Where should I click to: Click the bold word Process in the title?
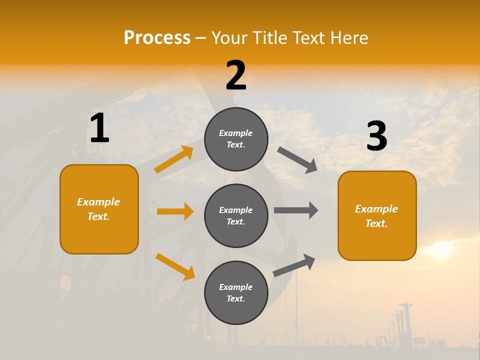(157, 38)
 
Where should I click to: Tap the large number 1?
(99, 128)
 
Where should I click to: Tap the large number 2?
(236, 75)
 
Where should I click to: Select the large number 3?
(376, 136)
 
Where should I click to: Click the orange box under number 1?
(99, 209)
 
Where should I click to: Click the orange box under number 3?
(377, 215)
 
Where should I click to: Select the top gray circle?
(236, 139)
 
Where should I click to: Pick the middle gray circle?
(236, 215)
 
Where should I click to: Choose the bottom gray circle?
(236, 292)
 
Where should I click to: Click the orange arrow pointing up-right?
(174, 159)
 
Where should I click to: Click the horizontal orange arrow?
(175, 211)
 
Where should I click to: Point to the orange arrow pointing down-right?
(175, 266)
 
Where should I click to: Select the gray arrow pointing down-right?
(297, 160)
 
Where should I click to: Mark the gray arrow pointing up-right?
(294, 265)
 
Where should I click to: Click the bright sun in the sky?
(440, 250)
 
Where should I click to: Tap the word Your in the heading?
(229, 38)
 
